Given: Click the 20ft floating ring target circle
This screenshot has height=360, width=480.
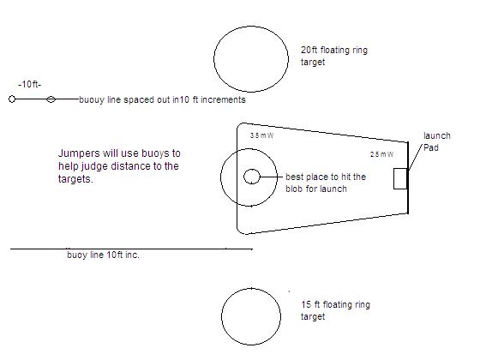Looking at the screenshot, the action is tap(214, 59).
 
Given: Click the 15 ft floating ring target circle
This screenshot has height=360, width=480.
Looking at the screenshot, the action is tap(221, 316).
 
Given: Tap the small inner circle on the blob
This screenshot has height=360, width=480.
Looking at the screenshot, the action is tap(244, 177).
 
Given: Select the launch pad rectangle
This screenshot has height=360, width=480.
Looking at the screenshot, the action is tap(394, 178).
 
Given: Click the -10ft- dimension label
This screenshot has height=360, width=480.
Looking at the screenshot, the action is tap(30, 85).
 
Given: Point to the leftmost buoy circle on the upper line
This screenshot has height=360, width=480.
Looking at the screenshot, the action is tap(12, 99).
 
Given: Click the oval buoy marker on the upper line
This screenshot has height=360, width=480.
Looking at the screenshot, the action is tap(51, 99).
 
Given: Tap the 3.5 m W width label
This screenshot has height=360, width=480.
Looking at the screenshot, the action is tap(261, 135).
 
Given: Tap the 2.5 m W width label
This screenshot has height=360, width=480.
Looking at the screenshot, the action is tap(381, 154).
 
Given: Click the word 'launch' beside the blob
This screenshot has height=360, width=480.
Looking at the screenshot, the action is tap(437, 135).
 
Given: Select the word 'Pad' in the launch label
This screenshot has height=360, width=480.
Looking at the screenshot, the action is tap(430, 147).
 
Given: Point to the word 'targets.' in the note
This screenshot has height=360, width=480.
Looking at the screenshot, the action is tap(75, 179).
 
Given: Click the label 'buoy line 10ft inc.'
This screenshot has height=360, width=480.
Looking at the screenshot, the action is tap(103, 255).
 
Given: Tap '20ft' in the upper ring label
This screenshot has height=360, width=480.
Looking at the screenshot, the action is tap(309, 50).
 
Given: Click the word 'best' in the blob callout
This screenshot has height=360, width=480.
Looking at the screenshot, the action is tap(294, 177).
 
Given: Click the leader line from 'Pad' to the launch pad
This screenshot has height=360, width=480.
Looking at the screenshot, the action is tap(416, 157).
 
